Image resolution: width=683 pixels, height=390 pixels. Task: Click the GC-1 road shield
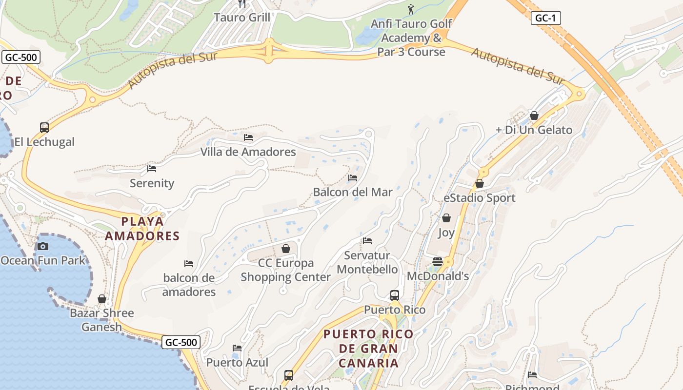pos(545,19)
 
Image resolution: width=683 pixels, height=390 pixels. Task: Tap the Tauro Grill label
pos(242,18)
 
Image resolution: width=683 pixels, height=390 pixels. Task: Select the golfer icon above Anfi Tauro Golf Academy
pos(411,9)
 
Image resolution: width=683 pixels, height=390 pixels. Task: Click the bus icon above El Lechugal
pos(44,128)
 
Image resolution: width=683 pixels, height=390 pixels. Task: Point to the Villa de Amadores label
pos(248,152)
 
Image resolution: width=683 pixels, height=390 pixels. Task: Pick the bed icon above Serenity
pos(152,169)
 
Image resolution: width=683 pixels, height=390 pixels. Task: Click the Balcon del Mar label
pos(353,192)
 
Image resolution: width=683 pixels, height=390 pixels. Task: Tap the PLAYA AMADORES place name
pos(142,229)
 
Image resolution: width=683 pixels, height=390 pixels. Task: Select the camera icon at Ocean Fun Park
pos(43,246)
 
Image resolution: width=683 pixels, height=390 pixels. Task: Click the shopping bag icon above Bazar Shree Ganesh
pos(102,298)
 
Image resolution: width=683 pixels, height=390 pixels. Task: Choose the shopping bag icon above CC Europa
pos(286,249)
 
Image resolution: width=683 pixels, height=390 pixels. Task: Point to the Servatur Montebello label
pos(367,262)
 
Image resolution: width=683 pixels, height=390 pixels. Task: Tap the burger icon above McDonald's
pos(438,262)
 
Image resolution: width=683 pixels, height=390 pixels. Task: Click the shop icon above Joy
pos(446,218)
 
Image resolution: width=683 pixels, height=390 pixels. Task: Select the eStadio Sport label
pos(480,198)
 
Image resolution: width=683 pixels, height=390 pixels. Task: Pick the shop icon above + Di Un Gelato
pos(534,116)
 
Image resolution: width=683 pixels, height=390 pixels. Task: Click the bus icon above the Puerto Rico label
pos(395,295)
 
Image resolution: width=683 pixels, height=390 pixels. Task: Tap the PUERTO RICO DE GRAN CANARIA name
pos(369,349)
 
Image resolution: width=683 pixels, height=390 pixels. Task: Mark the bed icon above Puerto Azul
pos(237,348)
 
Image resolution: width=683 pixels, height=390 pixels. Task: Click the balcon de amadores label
pos(189,285)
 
